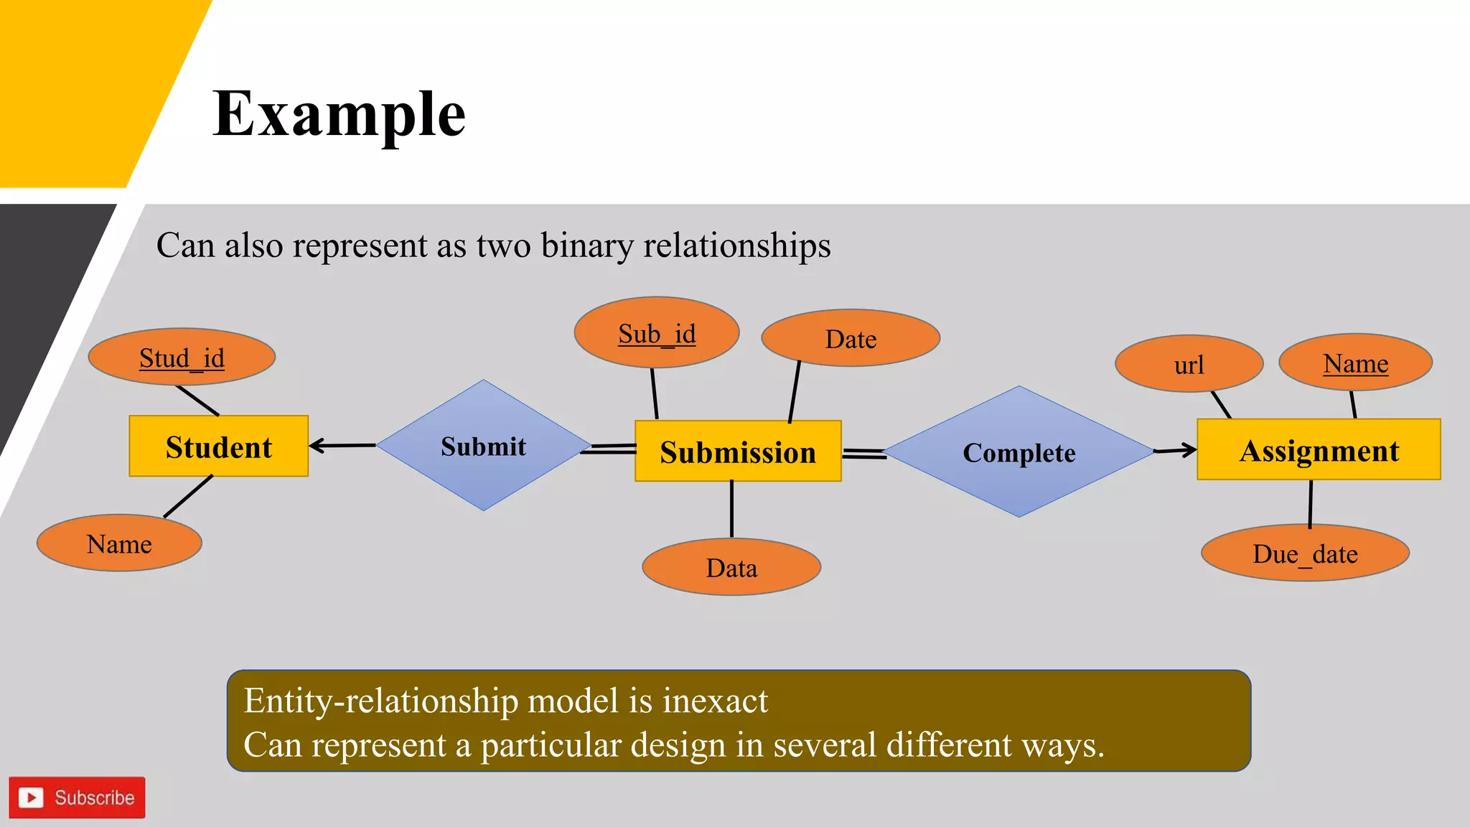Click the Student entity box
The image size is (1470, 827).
219,447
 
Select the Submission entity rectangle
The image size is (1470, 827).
738,452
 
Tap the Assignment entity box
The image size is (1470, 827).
1319,450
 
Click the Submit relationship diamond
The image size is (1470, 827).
484,446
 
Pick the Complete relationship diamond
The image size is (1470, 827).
1019,452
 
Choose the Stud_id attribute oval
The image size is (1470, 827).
182,357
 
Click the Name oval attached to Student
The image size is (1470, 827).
119,543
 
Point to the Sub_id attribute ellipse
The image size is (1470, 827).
657,333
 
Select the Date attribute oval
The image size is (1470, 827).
851,338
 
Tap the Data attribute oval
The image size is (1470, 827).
731,567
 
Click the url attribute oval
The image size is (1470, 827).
1189,365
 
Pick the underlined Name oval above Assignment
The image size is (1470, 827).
1355,363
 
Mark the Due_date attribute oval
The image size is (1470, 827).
1305,553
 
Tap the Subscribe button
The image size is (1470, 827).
78,797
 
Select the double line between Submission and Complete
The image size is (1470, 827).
864,454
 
